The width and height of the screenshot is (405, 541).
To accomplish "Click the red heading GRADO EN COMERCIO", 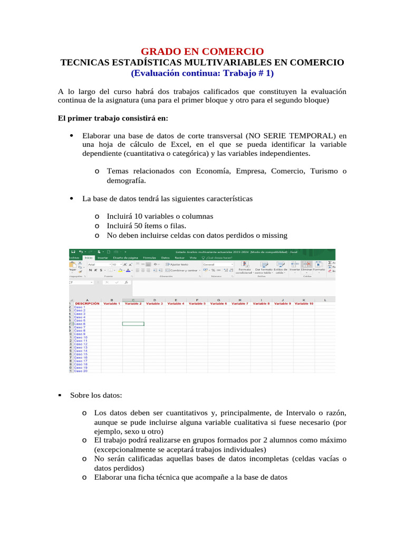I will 202,51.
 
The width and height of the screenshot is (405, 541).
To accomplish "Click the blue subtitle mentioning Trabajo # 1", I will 202,73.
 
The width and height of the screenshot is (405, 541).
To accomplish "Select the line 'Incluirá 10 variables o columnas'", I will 160,216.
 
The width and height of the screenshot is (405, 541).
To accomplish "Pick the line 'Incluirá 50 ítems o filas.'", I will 149,226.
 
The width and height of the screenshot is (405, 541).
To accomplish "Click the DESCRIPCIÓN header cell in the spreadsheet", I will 86,304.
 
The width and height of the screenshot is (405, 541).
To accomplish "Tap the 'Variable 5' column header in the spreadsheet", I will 197,304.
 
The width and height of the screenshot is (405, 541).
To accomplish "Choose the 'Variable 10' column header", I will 304,304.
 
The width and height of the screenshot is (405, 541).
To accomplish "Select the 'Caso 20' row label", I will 81,371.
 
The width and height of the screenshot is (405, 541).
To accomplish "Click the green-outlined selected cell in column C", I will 133,324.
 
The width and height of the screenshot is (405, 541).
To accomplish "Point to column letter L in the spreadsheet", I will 325,300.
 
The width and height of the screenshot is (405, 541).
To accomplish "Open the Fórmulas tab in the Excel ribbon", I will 150,258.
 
